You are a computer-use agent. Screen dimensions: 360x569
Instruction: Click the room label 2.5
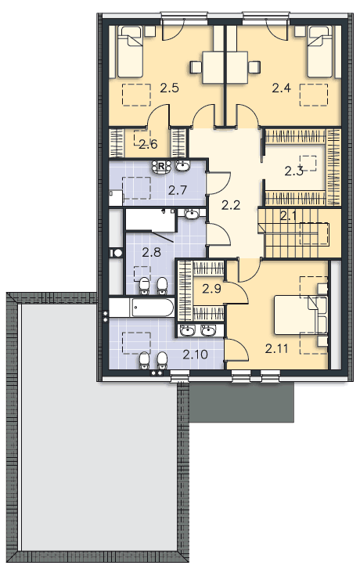click(170, 88)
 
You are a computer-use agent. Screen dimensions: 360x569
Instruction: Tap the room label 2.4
click(281, 88)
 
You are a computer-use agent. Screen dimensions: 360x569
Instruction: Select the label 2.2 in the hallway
click(231, 205)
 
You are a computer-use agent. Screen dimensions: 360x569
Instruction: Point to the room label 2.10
click(195, 355)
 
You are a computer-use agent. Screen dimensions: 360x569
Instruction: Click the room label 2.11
click(276, 349)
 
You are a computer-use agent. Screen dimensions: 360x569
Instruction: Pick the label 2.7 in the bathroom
click(178, 190)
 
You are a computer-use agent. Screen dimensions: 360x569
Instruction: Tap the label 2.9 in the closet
click(211, 289)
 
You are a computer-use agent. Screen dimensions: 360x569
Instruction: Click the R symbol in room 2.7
click(161, 166)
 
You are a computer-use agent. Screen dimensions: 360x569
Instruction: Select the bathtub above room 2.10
click(142, 308)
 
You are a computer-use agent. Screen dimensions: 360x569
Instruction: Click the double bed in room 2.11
click(301, 315)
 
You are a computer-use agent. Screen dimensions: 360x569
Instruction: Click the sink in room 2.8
click(191, 214)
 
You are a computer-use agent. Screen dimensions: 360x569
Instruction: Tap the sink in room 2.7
click(182, 166)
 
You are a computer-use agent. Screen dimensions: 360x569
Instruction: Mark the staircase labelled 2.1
click(300, 232)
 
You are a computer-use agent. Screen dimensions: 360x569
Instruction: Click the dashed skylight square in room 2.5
click(136, 95)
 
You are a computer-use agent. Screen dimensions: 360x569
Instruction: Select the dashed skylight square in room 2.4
click(314, 95)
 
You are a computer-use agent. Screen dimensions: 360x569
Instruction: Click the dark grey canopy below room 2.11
click(242, 402)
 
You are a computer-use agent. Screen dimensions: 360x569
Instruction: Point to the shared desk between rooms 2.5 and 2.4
click(225, 67)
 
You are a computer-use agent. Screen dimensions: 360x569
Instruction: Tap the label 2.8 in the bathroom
click(151, 252)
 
